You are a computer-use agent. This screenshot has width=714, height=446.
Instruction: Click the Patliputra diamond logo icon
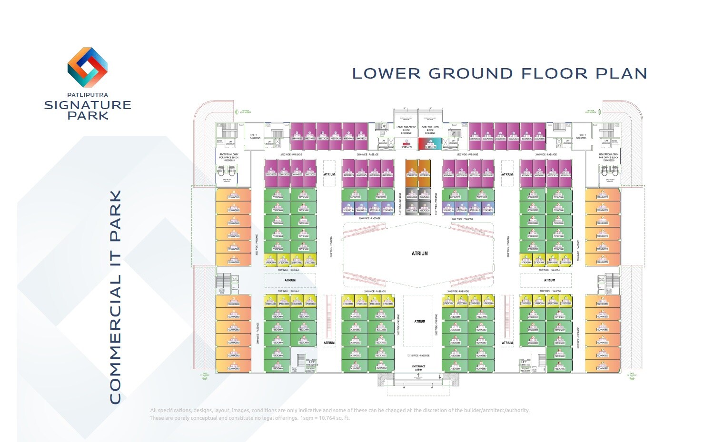(x=88, y=67)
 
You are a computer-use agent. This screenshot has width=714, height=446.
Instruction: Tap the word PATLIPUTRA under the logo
(x=88, y=95)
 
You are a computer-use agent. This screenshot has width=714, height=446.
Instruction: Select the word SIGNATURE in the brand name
(x=88, y=105)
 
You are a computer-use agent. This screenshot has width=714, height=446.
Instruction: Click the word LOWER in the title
(x=386, y=74)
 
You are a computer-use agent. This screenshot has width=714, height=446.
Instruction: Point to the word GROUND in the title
(x=470, y=74)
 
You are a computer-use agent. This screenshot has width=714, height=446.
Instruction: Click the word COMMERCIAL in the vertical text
(x=116, y=339)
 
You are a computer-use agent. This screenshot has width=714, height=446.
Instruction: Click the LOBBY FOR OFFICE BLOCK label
(x=406, y=129)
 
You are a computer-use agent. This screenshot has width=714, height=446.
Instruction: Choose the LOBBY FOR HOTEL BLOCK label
(x=430, y=129)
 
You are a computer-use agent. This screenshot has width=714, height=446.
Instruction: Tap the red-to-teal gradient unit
(x=430, y=143)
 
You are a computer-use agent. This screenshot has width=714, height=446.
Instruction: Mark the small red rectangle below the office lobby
(x=406, y=143)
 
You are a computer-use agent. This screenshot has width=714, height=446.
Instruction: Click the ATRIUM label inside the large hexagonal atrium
(x=419, y=253)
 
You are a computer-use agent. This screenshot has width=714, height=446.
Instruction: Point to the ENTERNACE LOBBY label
(x=418, y=368)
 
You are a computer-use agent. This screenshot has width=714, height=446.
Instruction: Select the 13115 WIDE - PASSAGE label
(x=418, y=355)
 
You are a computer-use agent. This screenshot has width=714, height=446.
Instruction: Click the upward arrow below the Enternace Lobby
(x=418, y=375)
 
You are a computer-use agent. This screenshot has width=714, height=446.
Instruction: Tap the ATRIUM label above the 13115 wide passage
(x=419, y=322)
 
